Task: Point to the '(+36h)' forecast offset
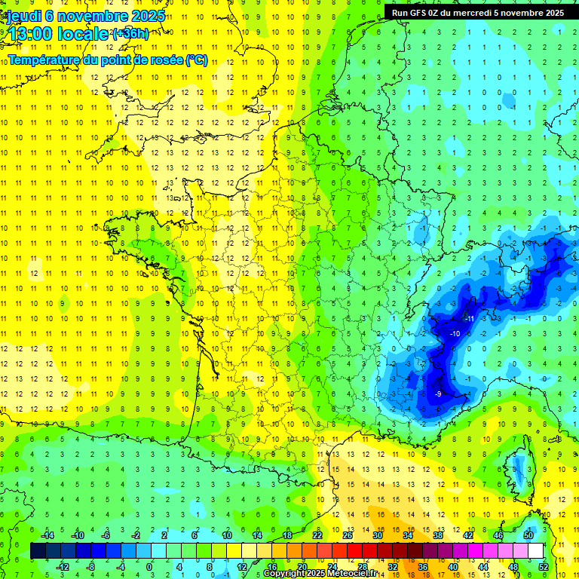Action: [x=130, y=33]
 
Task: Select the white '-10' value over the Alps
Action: [x=455, y=333]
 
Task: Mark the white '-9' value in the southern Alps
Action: [x=438, y=394]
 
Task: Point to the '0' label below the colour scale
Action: [x=149, y=567]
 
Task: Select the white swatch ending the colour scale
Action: [x=536, y=551]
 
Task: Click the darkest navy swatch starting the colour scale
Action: [x=38, y=551]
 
